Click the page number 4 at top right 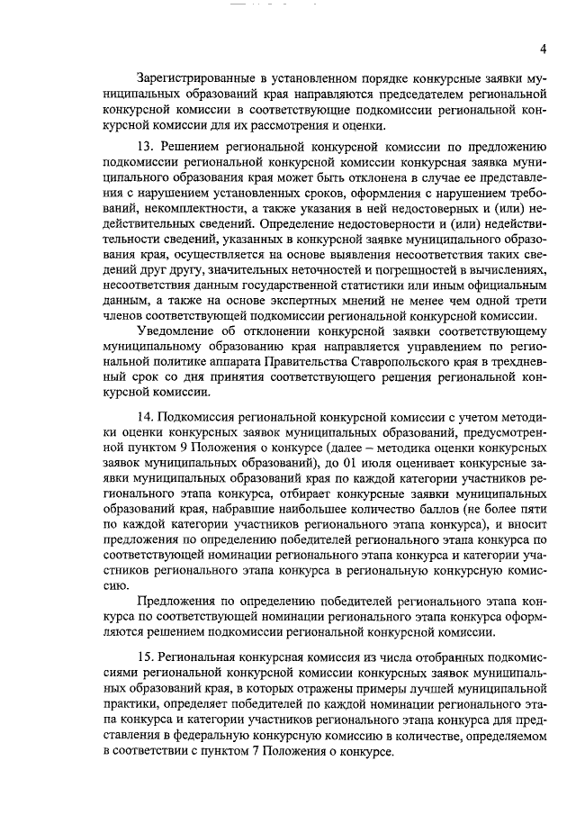(543, 48)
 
